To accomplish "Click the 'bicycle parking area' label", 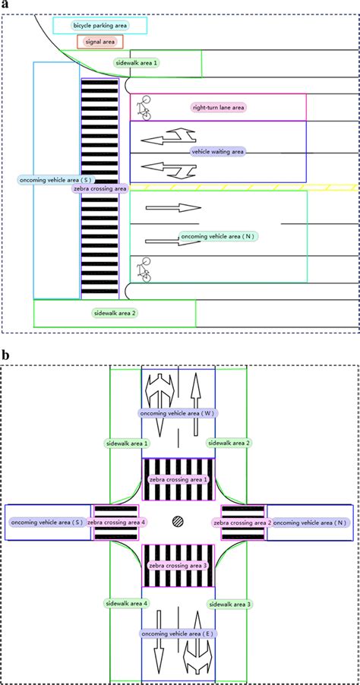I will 100,25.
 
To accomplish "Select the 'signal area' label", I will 99,43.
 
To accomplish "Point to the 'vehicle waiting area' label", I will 218,151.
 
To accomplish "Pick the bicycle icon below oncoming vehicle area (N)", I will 141,270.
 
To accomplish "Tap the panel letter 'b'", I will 5,355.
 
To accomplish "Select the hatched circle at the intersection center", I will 178,522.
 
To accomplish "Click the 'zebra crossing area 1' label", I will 178,480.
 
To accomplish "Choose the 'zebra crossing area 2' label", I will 242,522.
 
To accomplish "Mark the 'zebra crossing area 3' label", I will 178,566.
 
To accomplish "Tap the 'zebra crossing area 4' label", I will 116,522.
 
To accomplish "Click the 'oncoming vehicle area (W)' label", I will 178,413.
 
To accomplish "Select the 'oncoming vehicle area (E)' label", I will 178,633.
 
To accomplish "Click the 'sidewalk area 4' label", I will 127,603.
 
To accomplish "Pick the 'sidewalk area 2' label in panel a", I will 115,312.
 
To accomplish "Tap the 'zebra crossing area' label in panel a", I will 99,188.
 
